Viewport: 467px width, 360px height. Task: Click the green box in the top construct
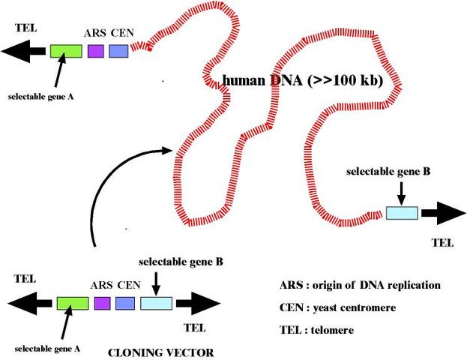pyautogui.click(x=66, y=51)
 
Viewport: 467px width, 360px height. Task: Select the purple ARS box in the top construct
pyautogui.click(x=95, y=51)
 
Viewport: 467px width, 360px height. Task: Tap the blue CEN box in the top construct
pyautogui.click(x=118, y=51)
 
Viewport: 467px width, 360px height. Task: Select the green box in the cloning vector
pyautogui.click(x=73, y=304)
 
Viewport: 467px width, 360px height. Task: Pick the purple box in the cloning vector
pyautogui.click(x=103, y=304)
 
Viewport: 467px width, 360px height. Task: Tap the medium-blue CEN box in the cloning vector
pyautogui.click(x=125, y=304)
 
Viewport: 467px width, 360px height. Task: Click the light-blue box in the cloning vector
pyautogui.click(x=157, y=304)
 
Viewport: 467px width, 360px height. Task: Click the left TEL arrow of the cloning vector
pyautogui.click(x=31, y=304)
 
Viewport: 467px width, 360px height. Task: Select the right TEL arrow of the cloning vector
pyautogui.click(x=196, y=304)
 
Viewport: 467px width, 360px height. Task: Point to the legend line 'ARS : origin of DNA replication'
pyautogui.click(x=359, y=286)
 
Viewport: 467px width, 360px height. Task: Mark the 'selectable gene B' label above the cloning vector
pyautogui.click(x=181, y=262)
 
